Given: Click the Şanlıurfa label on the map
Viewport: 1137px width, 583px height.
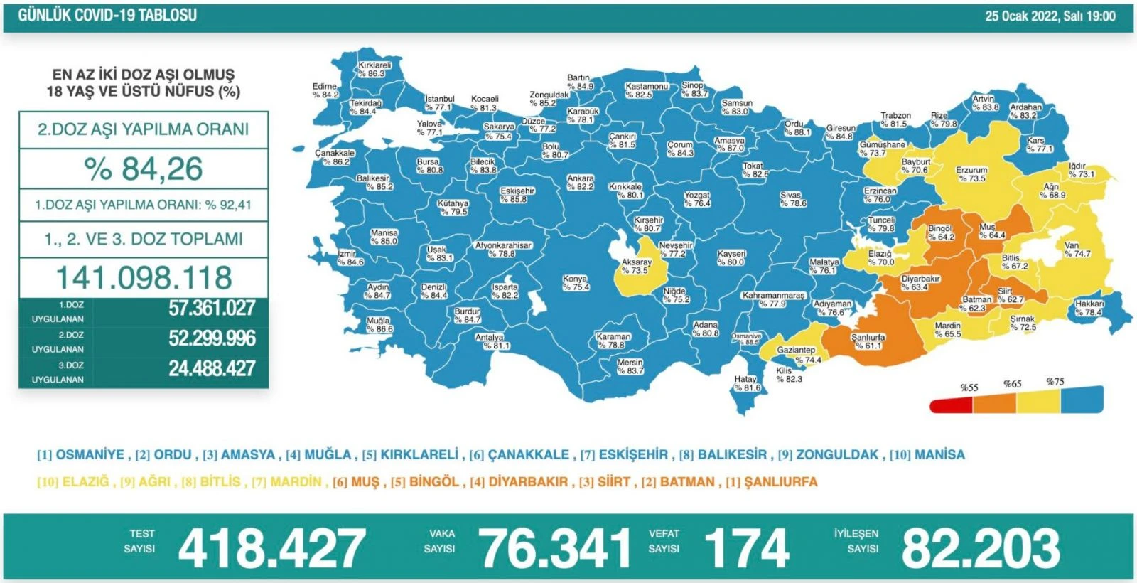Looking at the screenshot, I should tap(868, 341).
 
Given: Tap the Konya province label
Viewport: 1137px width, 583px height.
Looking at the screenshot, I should tap(576, 283).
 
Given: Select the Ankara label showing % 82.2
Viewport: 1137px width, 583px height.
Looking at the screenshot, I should tap(580, 183).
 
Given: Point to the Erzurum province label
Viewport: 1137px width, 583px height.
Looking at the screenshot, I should tap(971, 174).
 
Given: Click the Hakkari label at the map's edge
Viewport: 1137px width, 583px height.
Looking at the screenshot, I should tap(1089, 308).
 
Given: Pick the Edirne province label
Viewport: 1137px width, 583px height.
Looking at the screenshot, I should tap(325, 90).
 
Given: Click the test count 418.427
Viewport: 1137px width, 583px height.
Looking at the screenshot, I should tap(271, 549).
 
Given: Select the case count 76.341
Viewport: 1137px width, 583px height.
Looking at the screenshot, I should tap(555, 549).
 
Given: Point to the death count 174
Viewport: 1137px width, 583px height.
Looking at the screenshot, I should tap(746, 549).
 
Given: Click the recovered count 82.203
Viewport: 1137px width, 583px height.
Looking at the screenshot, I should tap(981, 549).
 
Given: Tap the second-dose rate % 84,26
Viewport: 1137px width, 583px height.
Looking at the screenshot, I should tap(144, 169).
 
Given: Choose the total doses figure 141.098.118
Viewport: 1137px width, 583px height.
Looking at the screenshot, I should tap(144, 277).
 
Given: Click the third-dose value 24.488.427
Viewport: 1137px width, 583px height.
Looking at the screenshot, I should tap(212, 368).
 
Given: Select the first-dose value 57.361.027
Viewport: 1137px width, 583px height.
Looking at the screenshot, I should tap(212, 308).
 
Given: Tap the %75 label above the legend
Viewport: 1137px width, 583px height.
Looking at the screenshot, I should tap(1055, 382).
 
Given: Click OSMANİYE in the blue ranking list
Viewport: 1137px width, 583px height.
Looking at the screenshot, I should tap(90, 455).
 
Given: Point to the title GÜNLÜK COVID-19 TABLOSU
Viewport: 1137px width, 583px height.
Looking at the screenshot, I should tap(108, 15).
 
